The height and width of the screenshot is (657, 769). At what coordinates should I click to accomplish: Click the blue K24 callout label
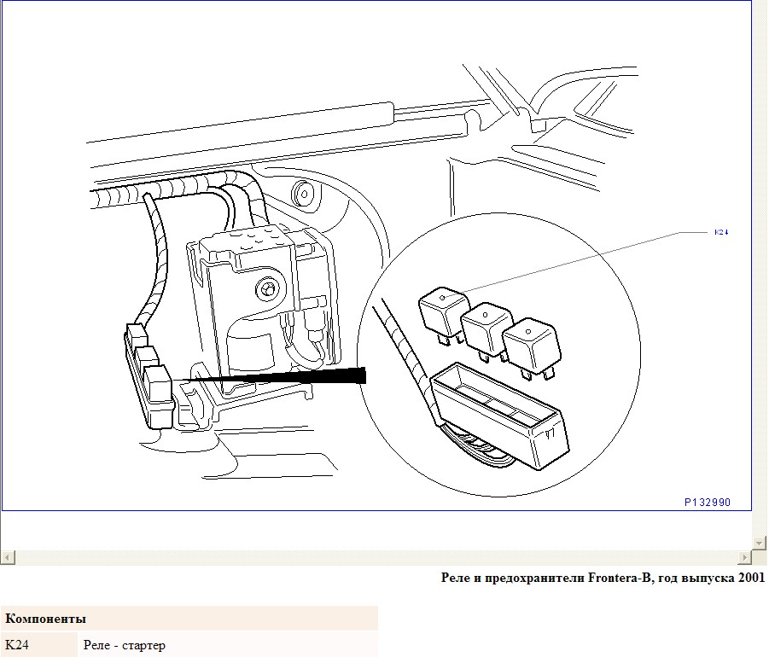(x=721, y=232)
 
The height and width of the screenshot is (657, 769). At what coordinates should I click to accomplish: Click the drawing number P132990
(x=708, y=502)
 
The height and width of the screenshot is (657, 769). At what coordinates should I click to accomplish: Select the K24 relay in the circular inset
(x=442, y=315)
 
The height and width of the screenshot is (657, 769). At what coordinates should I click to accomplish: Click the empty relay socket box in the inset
(x=500, y=416)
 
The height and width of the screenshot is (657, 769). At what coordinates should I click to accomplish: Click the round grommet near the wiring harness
(x=304, y=193)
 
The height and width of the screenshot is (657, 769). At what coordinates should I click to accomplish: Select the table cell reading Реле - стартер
(x=124, y=645)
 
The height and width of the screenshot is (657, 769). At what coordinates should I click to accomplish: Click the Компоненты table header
(x=45, y=619)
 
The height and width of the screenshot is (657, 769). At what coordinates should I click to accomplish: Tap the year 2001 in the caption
(x=752, y=578)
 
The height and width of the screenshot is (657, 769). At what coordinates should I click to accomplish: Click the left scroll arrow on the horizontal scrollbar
(x=8, y=557)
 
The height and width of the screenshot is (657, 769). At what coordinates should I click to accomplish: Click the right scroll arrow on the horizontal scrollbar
(x=744, y=557)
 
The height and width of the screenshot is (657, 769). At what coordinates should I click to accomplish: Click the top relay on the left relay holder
(x=137, y=334)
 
